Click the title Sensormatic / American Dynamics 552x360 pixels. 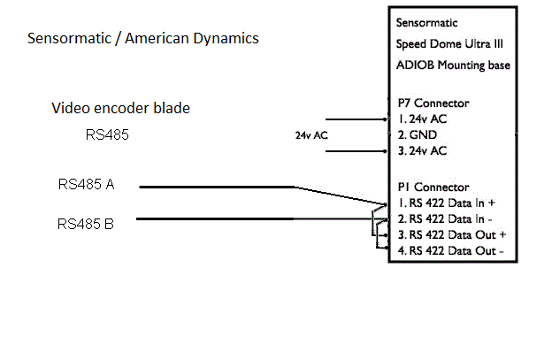[x=143, y=40]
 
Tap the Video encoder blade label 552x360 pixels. [x=121, y=109]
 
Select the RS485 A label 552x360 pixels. [x=87, y=185]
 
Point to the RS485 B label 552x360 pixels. [x=86, y=225]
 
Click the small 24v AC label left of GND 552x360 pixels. [x=312, y=136]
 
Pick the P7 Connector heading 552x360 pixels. [x=433, y=103]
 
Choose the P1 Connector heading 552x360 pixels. [x=433, y=188]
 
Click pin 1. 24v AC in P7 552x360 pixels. [x=422, y=119]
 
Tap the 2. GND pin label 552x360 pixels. [x=417, y=134]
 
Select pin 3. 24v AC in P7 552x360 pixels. [x=422, y=150]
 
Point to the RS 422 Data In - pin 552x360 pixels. [x=445, y=218]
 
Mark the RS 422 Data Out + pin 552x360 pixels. [x=450, y=234]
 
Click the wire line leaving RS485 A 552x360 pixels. [x=217, y=187]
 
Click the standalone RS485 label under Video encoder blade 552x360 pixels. [x=103, y=135]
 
